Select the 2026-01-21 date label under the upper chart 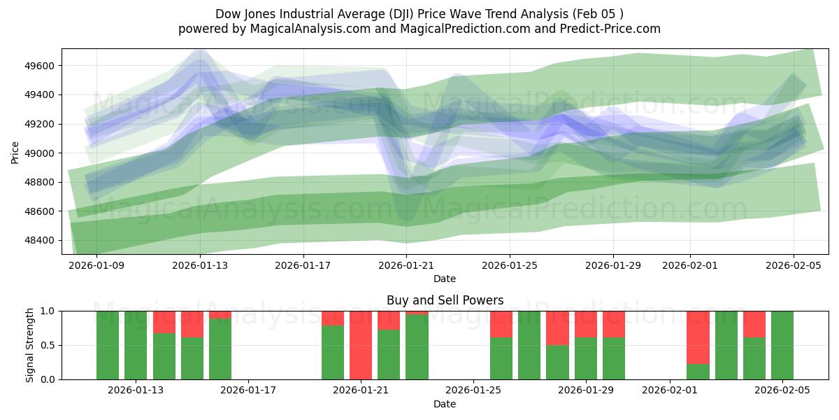coord(406,265)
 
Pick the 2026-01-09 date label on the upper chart coord(96,265)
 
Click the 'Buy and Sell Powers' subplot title coord(445,300)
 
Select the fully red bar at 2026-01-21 coord(361,345)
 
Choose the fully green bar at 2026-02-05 coord(782,345)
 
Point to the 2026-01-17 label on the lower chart coord(249,391)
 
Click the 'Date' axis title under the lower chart coord(445,404)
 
